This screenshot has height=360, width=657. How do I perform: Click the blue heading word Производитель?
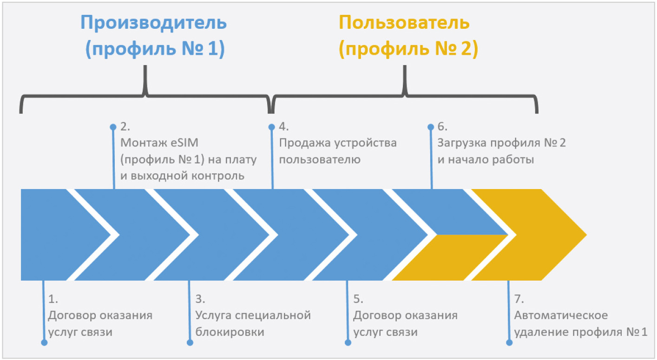(x=153, y=23)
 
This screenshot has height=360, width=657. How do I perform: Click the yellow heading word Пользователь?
(x=404, y=23)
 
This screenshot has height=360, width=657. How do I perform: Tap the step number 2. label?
(x=125, y=127)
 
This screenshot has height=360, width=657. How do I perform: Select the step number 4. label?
(x=283, y=127)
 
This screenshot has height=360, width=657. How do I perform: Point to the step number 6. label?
(x=442, y=127)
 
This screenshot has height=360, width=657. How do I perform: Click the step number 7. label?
(x=519, y=299)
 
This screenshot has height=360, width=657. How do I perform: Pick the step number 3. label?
(x=200, y=299)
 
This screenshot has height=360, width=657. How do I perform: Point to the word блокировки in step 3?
(x=230, y=332)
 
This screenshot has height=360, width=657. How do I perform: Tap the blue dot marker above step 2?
(x=113, y=127)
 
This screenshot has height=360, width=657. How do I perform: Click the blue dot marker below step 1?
(x=44, y=342)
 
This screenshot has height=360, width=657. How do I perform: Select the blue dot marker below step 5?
(x=348, y=342)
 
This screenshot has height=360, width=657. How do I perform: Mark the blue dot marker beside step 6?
(x=431, y=127)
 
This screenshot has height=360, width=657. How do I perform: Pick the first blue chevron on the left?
(x=59, y=235)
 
